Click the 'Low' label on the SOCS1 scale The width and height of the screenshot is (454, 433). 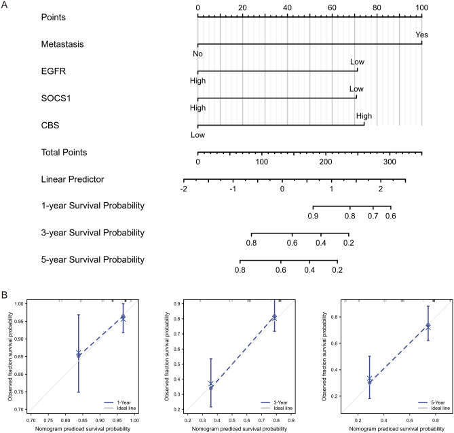point(356,89)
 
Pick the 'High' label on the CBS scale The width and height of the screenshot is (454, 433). point(364,116)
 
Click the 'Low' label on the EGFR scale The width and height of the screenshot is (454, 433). point(357,62)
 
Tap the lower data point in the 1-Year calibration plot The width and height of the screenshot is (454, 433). point(79,354)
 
